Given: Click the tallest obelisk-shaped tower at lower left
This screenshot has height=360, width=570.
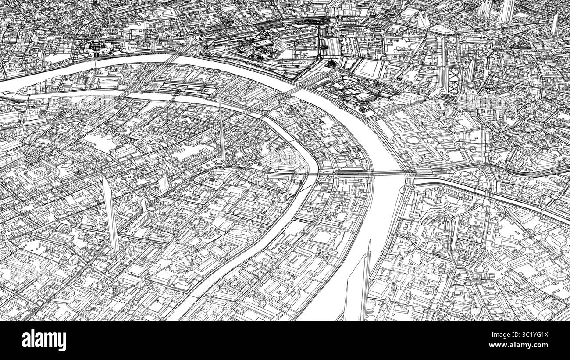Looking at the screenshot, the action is pyautogui.click(x=110, y=215).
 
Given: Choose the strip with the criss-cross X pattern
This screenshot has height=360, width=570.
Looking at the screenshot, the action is pyautogui.click(x=452, y=79).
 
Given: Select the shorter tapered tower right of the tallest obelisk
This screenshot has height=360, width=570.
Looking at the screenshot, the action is pyautogui.click(x=163, y=180).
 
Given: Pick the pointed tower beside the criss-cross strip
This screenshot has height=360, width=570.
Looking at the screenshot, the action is pyautogui.click(x=472, y=68).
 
